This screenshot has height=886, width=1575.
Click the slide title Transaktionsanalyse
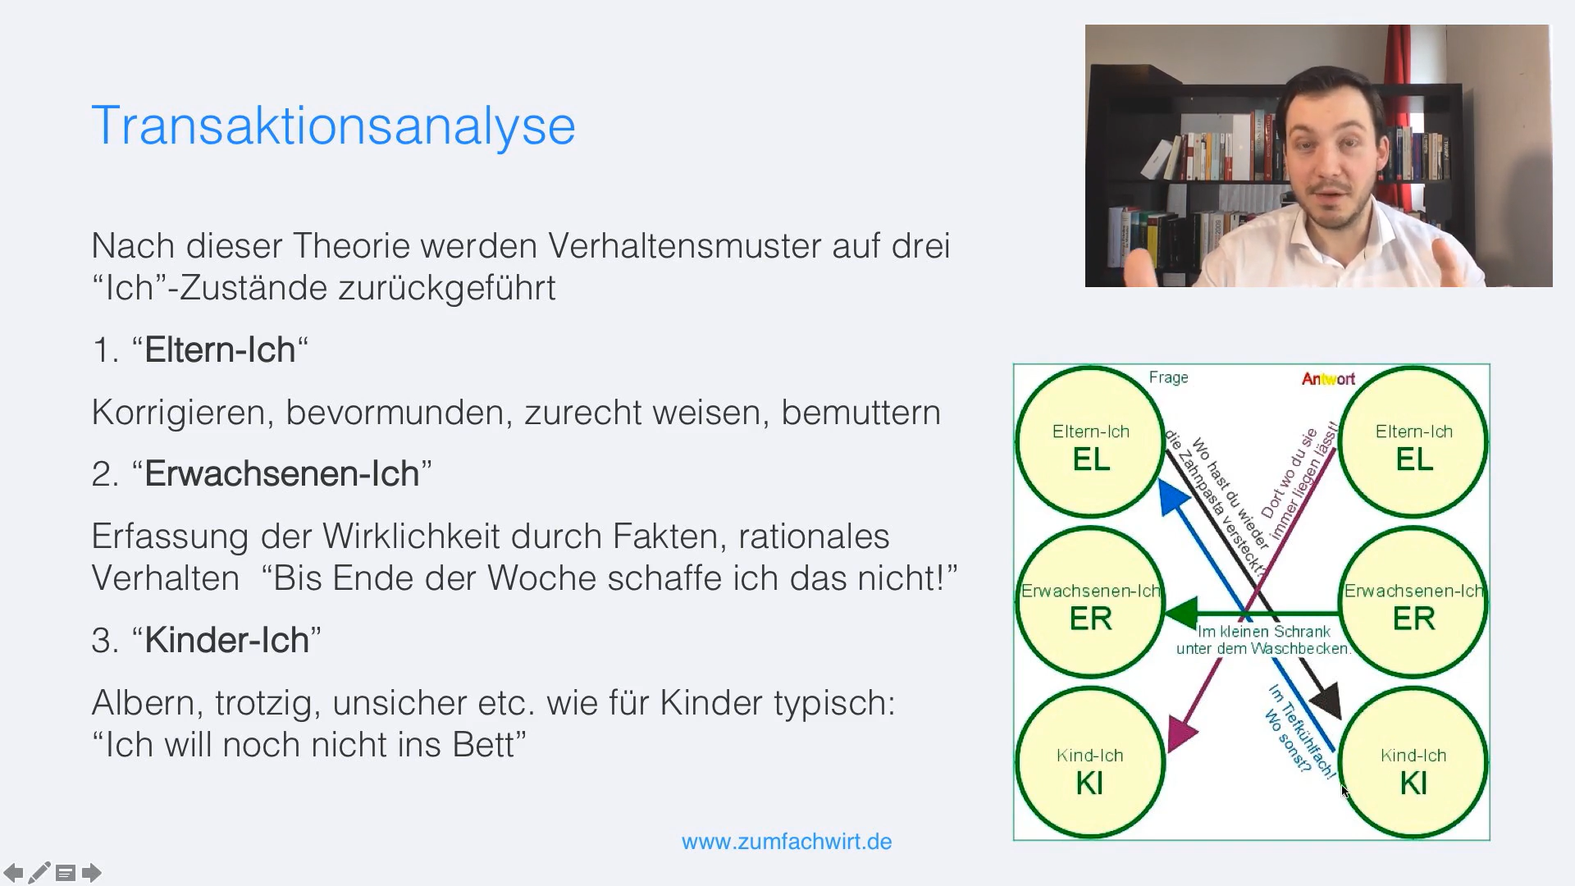[x=333, y=126]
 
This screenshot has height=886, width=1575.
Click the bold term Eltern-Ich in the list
[x=220, y=350]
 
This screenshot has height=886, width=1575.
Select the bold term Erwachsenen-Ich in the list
[x=281, y=474]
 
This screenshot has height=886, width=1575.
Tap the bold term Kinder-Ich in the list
[x=226, y=641]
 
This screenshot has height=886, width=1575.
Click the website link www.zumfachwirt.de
[x=786, y=842]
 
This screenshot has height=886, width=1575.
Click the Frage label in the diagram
[x=1168, y=377]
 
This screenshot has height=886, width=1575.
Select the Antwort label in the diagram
[x=1328, y=379]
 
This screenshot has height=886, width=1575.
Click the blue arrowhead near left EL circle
[x=1172, y=496]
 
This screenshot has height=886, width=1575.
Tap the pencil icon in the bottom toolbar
[x=39, y=873]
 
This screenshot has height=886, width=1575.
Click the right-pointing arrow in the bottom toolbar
[x=92, y=873]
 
